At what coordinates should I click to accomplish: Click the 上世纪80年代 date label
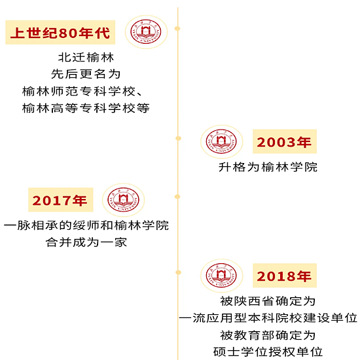click(x=60, y=32)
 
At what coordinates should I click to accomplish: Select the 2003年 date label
click(x=285, y=141)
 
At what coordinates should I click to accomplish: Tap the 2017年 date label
click(x=61, y=200)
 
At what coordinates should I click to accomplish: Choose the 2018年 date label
click(x=285, y=276)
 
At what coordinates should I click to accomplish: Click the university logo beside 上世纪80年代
click(x=146, y=32)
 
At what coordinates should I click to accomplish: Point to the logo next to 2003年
click(x=221, y=142)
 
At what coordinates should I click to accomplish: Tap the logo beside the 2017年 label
click(x=123, y=200)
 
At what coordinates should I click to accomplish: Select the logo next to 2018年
click(x=221, y=276)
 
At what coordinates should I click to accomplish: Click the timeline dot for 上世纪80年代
click(x=177, y=28)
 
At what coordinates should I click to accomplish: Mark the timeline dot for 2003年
click(x=179, y=138)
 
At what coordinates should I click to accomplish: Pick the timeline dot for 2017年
click(x=177, y=196)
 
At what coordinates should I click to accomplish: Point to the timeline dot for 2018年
click(x=179, y=272)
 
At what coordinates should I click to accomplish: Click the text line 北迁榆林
click(x=86, y=58)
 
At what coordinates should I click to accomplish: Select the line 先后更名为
click(x=86, y=74)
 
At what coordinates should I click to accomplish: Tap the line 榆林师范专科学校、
click(x=82, y=91)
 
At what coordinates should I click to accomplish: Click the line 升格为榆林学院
click(x=268, y=167)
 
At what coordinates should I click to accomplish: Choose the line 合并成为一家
click(x=86, y=242)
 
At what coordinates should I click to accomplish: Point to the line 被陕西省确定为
click(x=268, y=301)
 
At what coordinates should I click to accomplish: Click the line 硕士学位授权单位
click(x=268, y=351)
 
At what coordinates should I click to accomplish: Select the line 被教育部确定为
click(x=268, y=335)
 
